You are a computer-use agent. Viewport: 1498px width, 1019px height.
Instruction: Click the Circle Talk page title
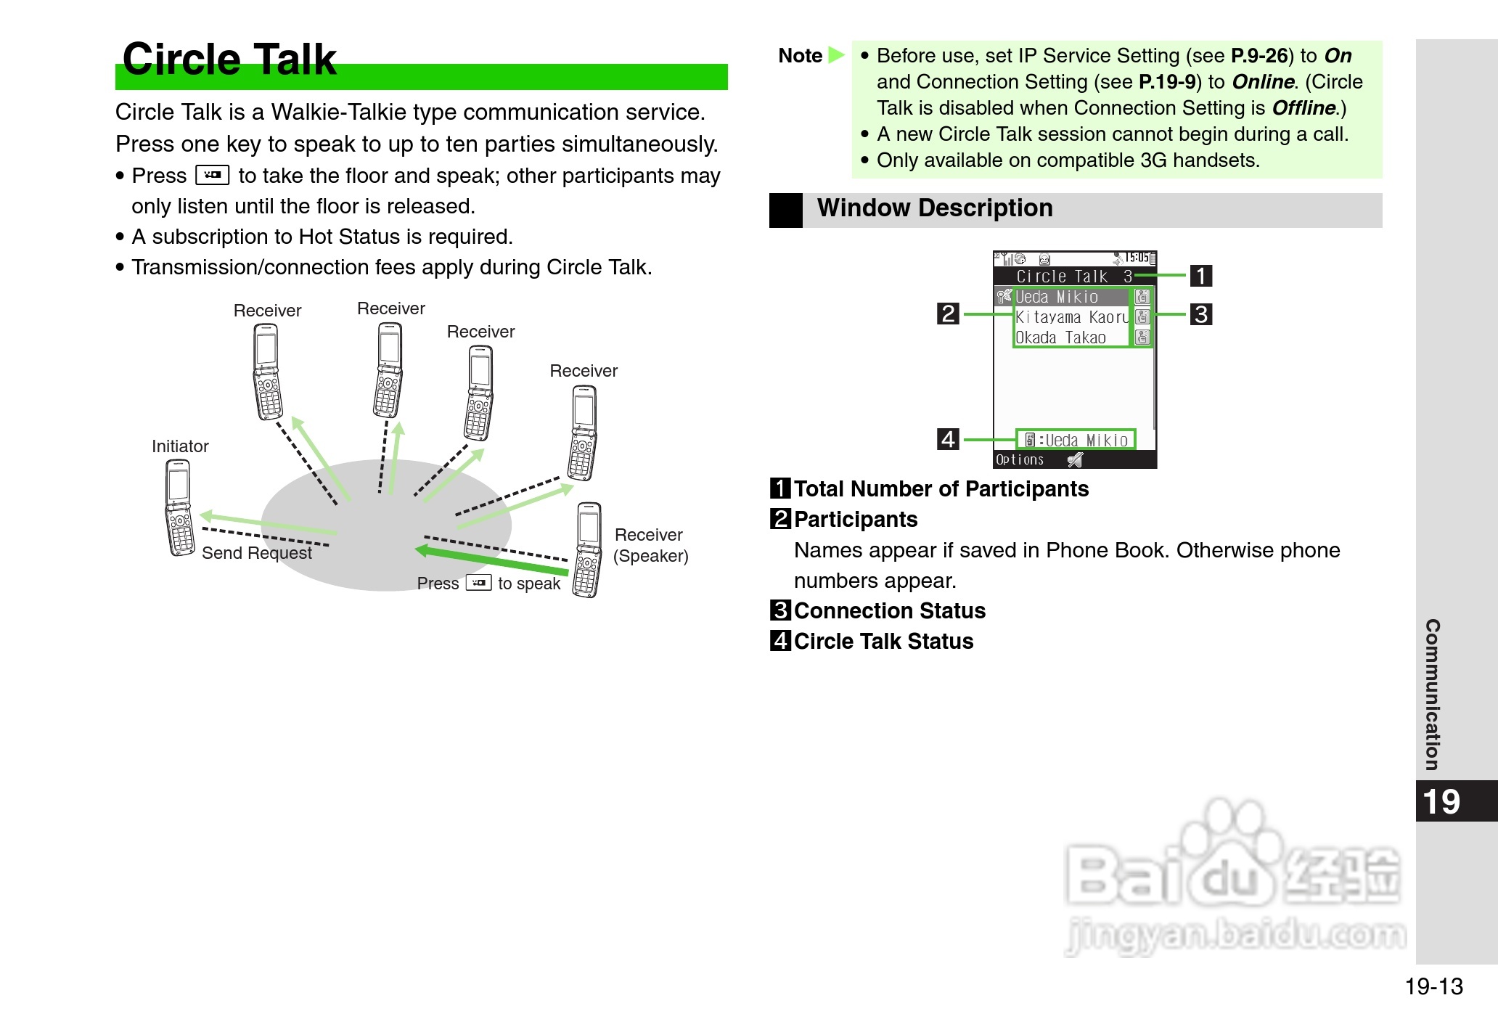pos(229,60)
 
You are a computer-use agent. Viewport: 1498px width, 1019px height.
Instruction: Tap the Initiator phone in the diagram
pos(179,508)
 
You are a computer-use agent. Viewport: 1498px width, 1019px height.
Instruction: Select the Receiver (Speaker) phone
pos(588,549)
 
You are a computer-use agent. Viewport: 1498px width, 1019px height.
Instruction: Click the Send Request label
pos(256,553)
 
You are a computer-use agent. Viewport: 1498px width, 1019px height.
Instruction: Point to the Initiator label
pos(180,446)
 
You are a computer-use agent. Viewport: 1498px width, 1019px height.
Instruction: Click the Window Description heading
pos(935,208)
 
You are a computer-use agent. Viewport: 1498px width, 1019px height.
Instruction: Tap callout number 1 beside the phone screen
pos(1201,276)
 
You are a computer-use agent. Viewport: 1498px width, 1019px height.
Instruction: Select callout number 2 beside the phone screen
pos(948,314)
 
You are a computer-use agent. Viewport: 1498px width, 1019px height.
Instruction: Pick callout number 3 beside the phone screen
pos(1201,314)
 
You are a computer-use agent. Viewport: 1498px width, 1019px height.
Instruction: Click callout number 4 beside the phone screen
pos(948,439)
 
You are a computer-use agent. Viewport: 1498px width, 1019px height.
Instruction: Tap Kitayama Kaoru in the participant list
pos(1071,317)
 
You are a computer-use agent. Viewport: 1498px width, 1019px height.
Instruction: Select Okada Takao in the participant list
pos(1060,337)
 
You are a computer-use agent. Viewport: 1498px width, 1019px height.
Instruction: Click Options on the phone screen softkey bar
pos(1019,459)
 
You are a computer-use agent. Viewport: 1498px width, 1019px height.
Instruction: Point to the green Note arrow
pos(836,55)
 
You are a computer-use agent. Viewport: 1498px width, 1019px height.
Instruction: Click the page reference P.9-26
pos(1259,56)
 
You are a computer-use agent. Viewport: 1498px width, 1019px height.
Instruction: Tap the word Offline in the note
pos(1303,108)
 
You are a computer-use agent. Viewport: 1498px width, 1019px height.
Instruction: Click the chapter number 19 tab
pos(1441,801)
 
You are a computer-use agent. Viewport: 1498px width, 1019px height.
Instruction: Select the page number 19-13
pos(1433,986)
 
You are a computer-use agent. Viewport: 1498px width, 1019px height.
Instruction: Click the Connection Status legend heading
pos(889,610)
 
